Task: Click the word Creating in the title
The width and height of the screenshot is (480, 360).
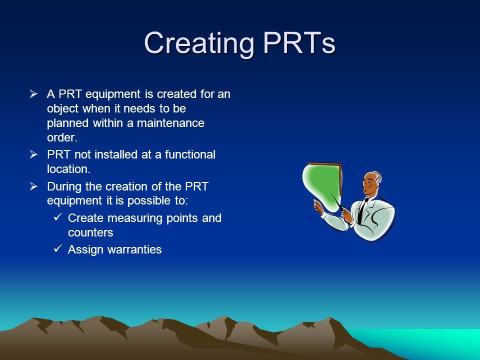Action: pos(199,43)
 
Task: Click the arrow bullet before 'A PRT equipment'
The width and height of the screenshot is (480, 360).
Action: pos(33,93)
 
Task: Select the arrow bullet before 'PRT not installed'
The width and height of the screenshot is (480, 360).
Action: pos(33,154)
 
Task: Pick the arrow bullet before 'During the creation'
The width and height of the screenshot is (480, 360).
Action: pos(33,186)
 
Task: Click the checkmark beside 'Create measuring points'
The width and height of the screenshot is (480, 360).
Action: pos(57,217)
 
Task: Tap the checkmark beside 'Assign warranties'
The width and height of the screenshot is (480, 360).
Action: pos(57,248)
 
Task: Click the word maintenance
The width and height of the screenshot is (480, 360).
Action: pos(170,123)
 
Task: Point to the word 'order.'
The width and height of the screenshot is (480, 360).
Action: pos(62,138)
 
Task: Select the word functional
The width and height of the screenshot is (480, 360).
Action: pos(190,154)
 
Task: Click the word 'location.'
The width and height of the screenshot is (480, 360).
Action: pos(68,169)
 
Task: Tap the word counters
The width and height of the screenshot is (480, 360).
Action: pos(90,232)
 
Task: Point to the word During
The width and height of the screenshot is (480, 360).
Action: pos(64,186)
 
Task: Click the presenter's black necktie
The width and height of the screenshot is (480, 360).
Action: pos(363,210)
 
